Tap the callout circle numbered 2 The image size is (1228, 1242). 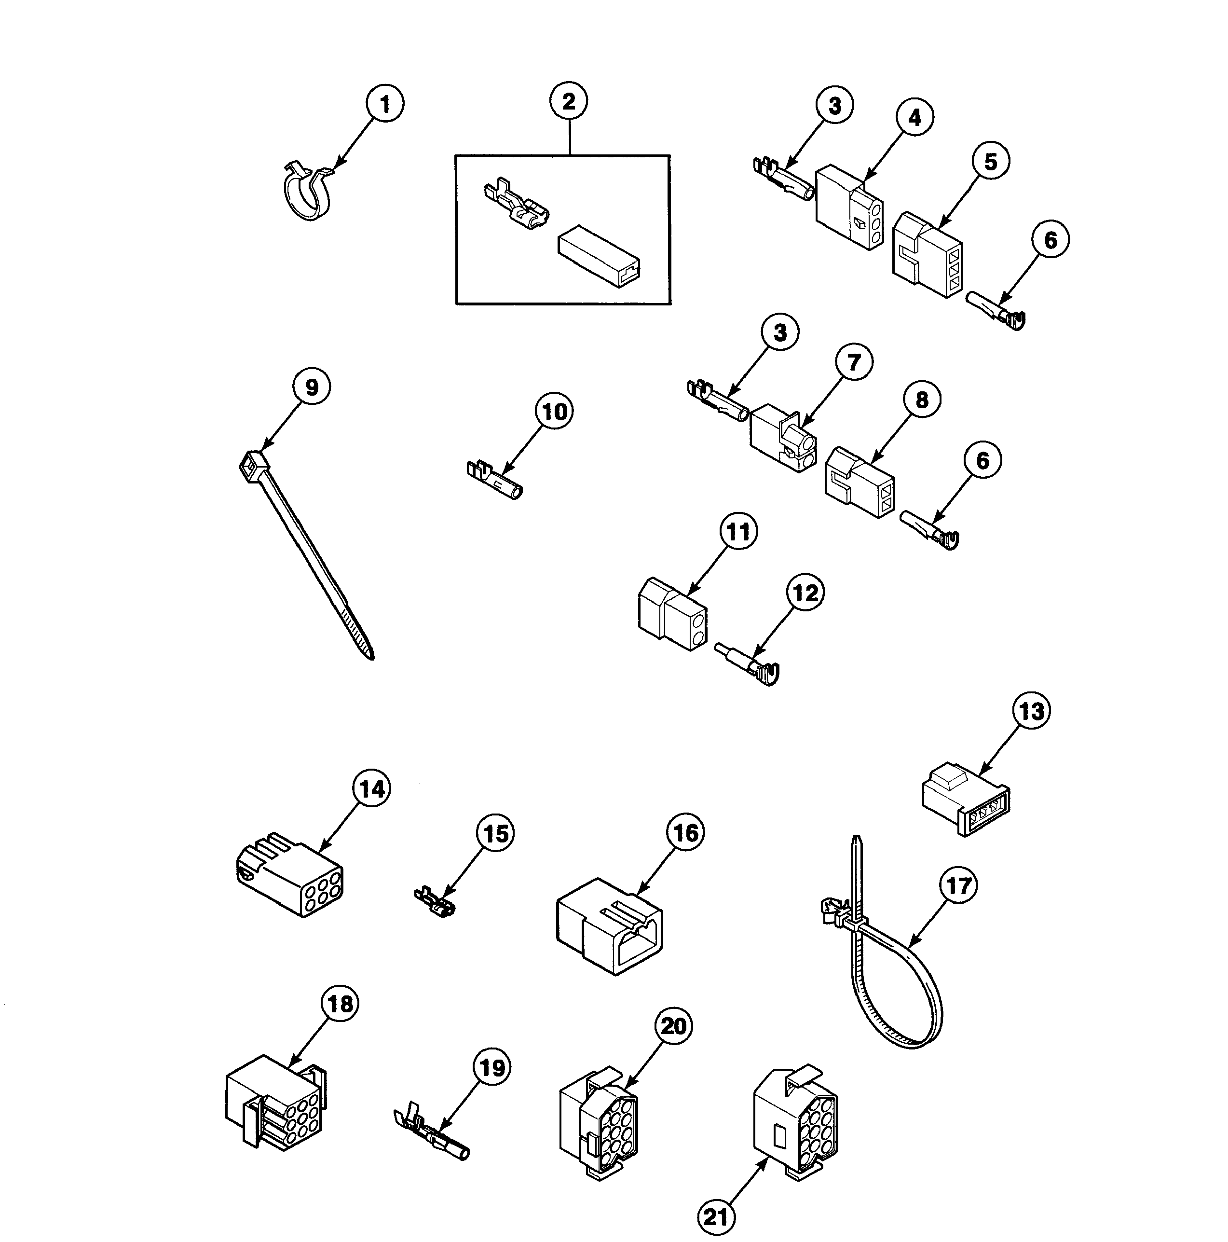pos(569,101)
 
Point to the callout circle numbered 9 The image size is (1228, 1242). pos(311,387)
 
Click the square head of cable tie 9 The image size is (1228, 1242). pos(253,462)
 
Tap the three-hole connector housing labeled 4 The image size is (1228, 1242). pos(848,207)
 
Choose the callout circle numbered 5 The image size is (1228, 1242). pos(990,161)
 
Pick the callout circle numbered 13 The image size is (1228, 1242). pos(1031,711)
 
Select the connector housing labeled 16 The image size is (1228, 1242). pos(608,926)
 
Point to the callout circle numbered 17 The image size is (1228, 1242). pos(958,885)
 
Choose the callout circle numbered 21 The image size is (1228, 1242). pos(716,1217)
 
